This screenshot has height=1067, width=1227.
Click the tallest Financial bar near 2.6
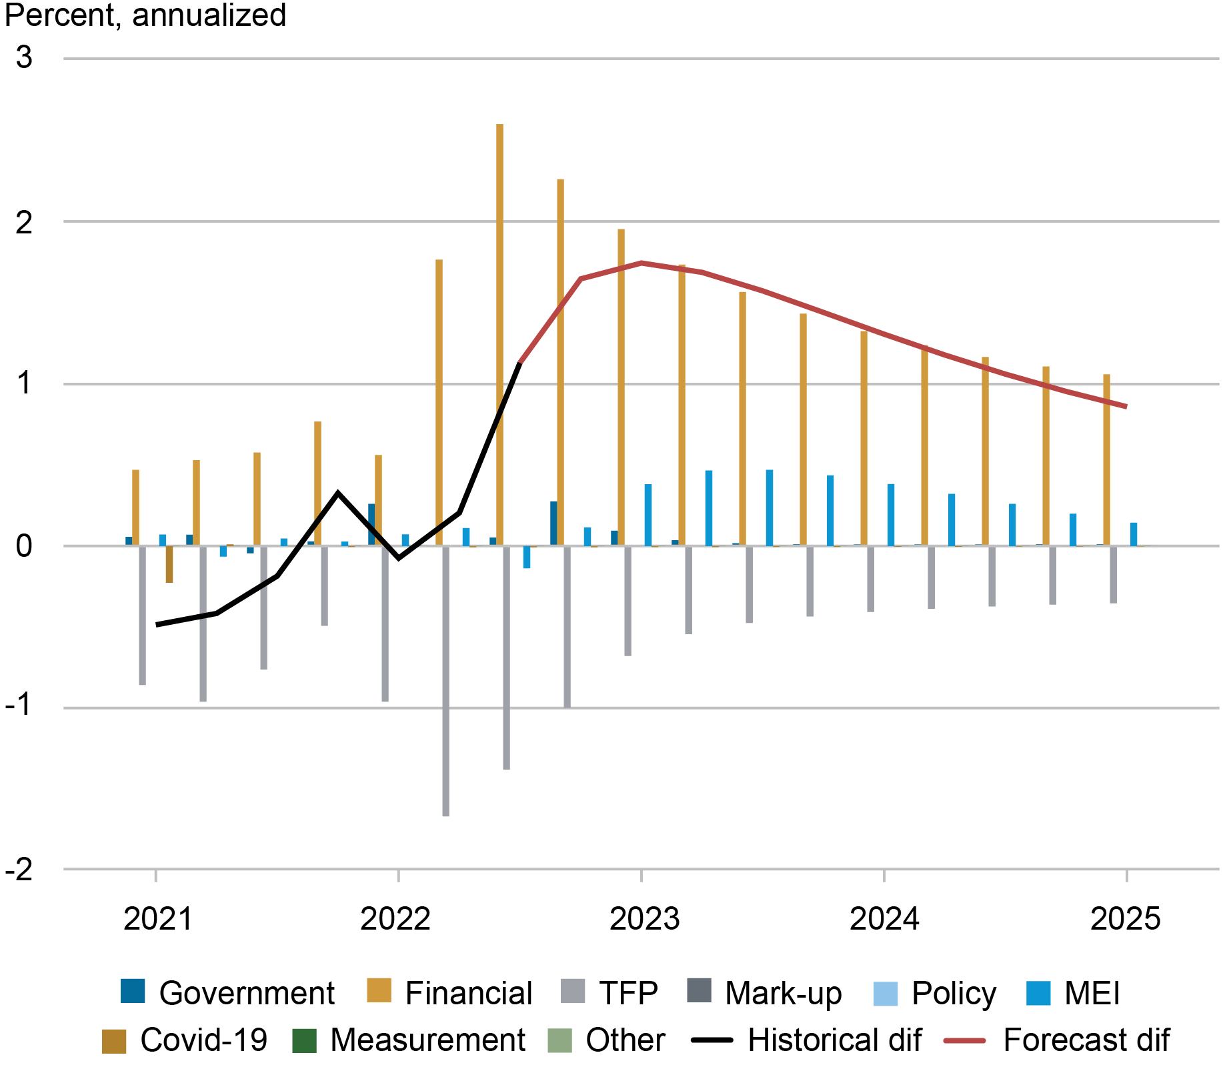click(x=499, y=333)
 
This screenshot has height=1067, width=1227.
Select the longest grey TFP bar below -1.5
click(x=445, y=680)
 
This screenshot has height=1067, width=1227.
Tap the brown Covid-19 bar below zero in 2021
click(x=169, y=564)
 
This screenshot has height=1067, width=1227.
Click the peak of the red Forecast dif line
click(x=641, y=263)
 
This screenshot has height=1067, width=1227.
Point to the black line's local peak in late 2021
click(x=338, y=493)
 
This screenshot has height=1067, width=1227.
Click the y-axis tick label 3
click(x=24, y=58)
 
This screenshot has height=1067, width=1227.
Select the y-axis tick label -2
click(x=19, y=869)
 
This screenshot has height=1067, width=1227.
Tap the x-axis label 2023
click(x=644, y=919)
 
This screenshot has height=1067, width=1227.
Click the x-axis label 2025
click(x=1125, y=919)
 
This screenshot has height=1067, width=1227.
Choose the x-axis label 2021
click(x=158, y=919)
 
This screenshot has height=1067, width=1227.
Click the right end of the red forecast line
click(x=1126, y=406)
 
